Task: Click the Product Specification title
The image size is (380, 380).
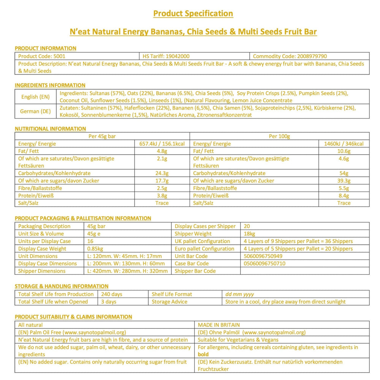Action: tap(193, 14)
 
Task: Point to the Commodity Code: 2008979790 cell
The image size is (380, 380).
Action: tap(290, 56)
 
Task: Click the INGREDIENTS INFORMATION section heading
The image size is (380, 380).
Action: tap(50, 85)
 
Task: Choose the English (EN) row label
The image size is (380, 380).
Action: tap(35, 97)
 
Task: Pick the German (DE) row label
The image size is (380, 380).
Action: tap(35, 111)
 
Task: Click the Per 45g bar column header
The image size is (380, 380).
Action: tap(102, 136)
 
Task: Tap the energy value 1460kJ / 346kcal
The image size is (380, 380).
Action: tap(344, 144)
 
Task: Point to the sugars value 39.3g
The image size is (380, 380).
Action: tap(344, 180)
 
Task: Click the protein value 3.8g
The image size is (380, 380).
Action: tap(163, 195)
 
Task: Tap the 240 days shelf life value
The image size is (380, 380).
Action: tap(112, 294)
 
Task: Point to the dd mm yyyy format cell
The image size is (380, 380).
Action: tap(239, 294)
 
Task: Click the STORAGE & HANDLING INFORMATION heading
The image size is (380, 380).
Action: tap(62, 286)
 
